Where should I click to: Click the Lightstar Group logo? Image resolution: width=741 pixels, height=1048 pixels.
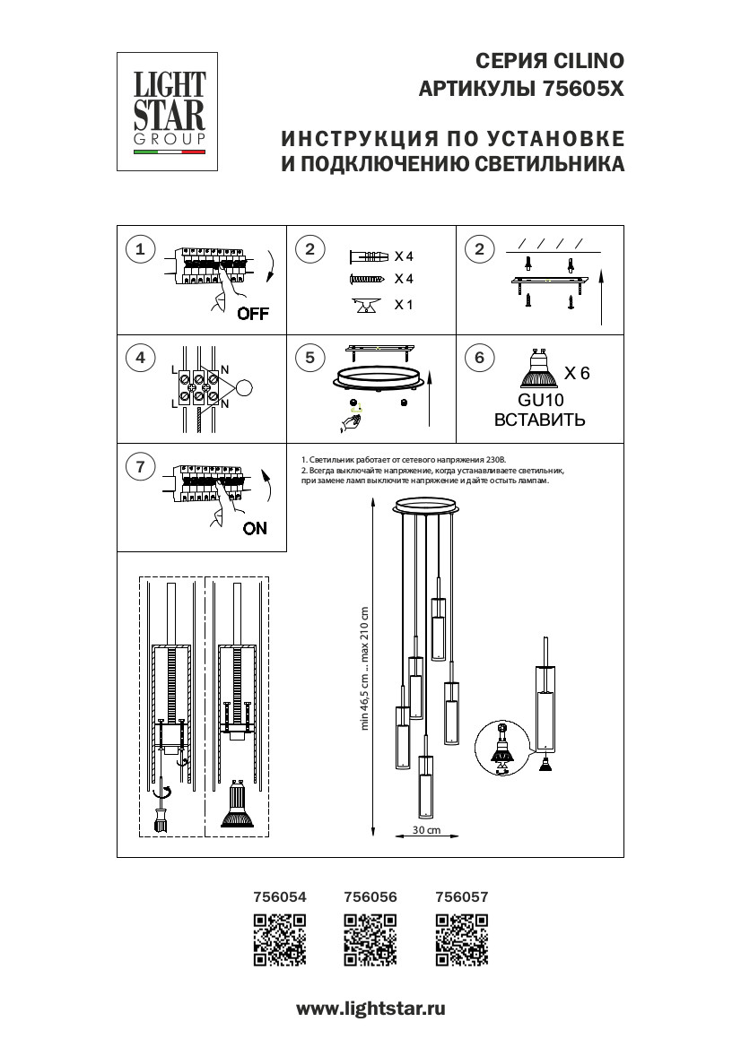coord(170,111)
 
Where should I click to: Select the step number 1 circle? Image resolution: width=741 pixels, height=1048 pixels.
coord(140,249)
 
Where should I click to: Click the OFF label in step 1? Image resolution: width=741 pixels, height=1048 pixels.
coord(252,314)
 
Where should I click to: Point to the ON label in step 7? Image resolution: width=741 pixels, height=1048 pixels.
coord(255,528)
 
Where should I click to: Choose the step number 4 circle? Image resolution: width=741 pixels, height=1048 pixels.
coord(140,359)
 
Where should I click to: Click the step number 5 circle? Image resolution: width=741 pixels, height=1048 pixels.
coord(309,359)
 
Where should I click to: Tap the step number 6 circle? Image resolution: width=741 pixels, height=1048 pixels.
coord(479,359)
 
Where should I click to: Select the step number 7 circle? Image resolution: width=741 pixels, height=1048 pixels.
coord(140,466)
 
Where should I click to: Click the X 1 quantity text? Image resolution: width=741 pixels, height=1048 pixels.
coord(404,305)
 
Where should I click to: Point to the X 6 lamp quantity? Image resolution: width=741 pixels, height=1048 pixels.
coord(576,374)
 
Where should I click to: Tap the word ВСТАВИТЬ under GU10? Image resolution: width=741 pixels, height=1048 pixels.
coord(540,420)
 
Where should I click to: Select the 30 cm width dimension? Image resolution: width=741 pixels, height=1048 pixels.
coord(427,831)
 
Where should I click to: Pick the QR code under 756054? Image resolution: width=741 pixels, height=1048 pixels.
coord(280,940)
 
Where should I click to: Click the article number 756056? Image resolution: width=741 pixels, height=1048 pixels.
coord(370,896)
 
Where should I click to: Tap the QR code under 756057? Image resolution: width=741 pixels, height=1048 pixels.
coord(461,940)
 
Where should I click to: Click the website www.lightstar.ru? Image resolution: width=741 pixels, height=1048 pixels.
coord(370,1009)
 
